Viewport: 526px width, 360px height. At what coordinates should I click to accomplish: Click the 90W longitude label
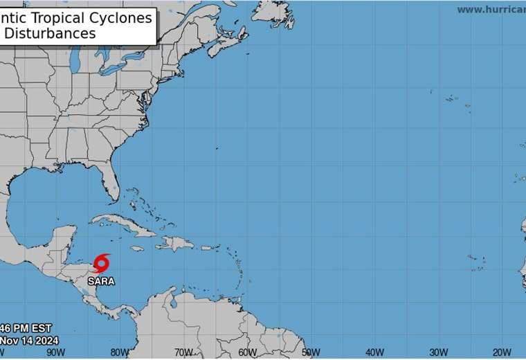click(x=55, y=352)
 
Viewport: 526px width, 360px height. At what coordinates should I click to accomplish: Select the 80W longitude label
click(x=120, y=352)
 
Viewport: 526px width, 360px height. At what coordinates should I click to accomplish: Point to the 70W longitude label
click(x=183, y=352)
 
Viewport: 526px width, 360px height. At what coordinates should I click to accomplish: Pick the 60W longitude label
click(x=247, y=352)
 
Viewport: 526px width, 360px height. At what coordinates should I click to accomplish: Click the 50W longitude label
click(x=311, y=352)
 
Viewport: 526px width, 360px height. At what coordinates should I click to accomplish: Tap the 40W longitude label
click(x=374, y=352)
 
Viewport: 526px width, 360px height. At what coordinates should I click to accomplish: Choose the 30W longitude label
click(x=438, y=352)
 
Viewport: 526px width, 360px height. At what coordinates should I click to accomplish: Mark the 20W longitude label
click(x=502, y=352)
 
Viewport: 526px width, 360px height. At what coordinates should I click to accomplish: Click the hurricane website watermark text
click(x=490, y=10)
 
